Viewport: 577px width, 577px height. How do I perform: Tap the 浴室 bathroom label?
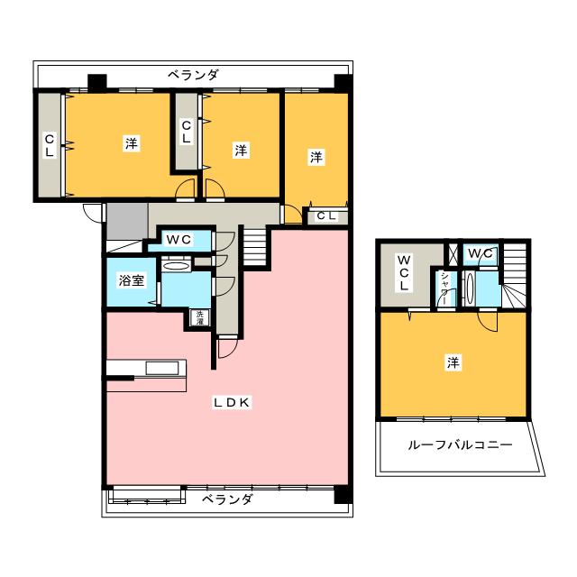click(132, 280)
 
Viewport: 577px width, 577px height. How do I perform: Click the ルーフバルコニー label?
click(460, 445)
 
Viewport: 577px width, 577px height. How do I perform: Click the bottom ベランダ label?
click(226, 499)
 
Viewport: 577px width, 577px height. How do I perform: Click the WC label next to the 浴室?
click(180, 240)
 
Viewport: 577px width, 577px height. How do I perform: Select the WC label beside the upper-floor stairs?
click(480, 253)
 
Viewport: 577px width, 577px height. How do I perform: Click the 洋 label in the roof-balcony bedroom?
click(453, 363)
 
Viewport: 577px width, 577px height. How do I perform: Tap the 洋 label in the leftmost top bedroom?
click(132, 143)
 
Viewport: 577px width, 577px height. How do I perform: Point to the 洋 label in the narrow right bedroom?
click(316, 157)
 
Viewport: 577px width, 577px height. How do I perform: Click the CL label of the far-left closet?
click(50, 145)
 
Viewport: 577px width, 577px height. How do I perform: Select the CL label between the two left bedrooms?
click(186, 133)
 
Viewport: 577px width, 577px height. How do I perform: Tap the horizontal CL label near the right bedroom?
click(326, 215)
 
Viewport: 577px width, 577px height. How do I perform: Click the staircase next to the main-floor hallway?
click(257, 244)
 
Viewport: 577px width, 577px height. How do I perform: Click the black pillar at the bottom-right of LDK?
click(340, 495)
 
